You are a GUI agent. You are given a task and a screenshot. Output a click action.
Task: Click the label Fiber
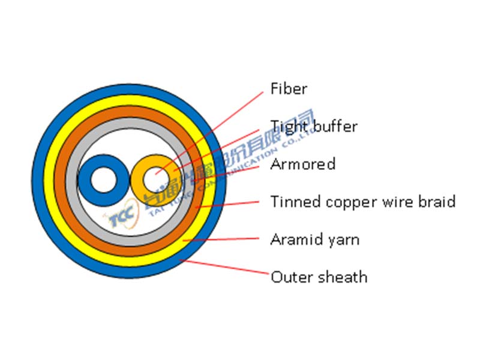[x=289, y=89]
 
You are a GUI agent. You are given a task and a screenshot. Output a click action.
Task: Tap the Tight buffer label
[x=313, y=127]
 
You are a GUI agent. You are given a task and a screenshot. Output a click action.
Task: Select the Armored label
[x=302, y=164]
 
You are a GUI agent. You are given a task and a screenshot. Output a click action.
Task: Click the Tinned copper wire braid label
[x=362, y=202]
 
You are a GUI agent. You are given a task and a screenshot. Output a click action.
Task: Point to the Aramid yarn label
[x=314, y=239]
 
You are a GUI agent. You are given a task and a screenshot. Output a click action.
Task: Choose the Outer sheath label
[x=319, y=277]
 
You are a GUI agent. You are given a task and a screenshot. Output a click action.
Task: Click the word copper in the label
[x=350, y=202]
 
